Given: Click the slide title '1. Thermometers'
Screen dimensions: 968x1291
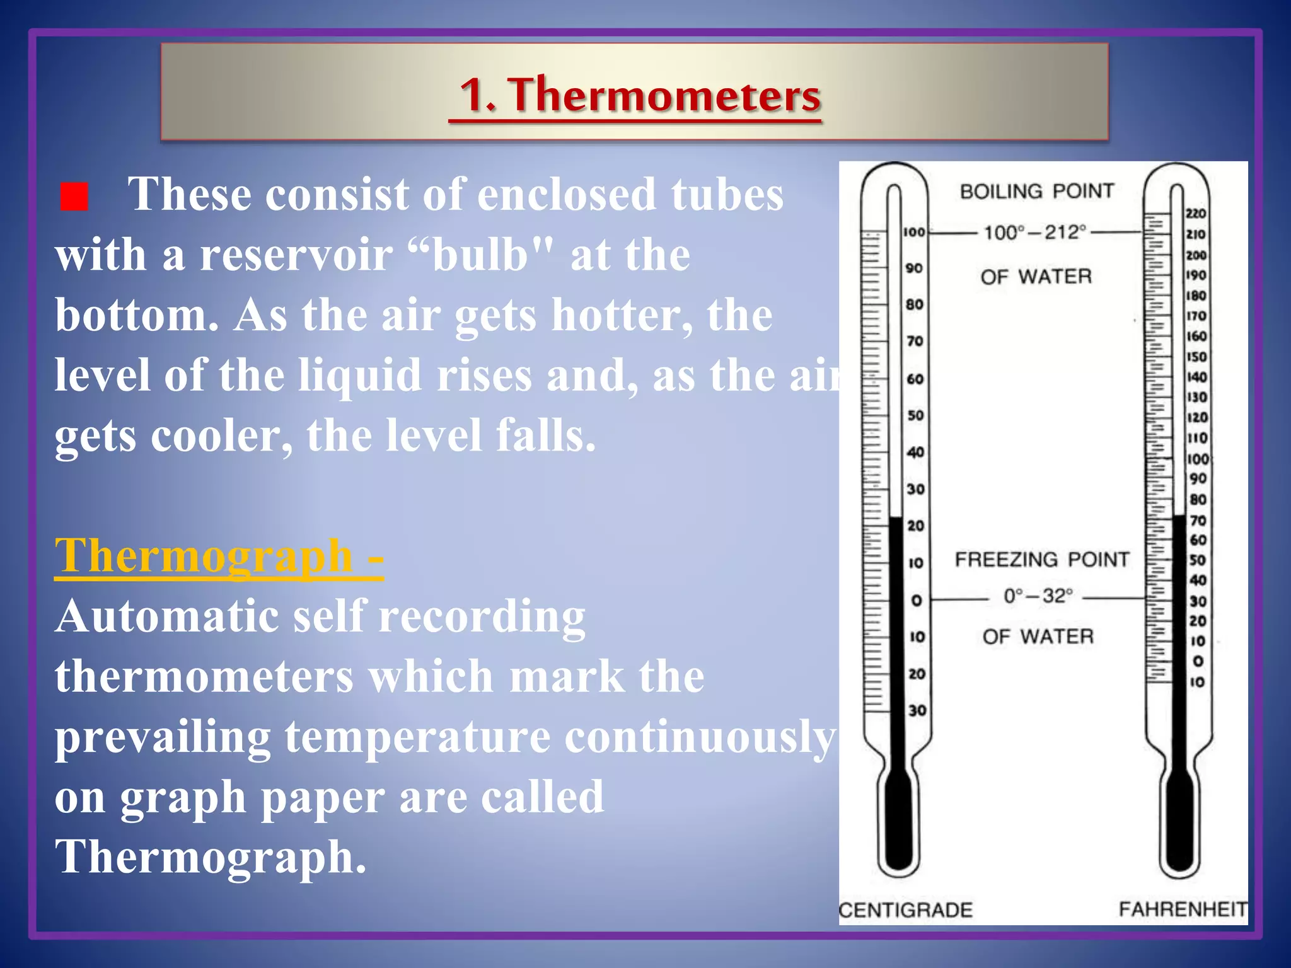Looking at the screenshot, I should coord(640,95).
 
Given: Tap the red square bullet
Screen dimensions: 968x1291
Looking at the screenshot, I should coord(74,197).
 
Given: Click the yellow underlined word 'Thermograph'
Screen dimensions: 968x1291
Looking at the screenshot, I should coord(204,556).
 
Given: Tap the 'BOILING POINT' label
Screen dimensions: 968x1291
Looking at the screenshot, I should coord(1036,191).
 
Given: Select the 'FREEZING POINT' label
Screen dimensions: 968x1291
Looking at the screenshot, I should coord(1041,560).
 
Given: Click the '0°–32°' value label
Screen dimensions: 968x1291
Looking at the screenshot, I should coord(1038,596).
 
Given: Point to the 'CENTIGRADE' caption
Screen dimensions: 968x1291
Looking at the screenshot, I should coord(906,910).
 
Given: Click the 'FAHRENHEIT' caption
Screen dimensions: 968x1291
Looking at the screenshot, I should coord(1183,909).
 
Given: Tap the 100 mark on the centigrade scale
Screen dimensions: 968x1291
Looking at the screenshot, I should coord(913,233).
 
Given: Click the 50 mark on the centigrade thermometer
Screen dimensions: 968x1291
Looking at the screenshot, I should coord(915,416).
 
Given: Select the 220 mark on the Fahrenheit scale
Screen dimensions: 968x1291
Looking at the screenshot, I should coord(1196,214).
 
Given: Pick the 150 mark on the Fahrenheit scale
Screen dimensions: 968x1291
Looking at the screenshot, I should coord(1196,357).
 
